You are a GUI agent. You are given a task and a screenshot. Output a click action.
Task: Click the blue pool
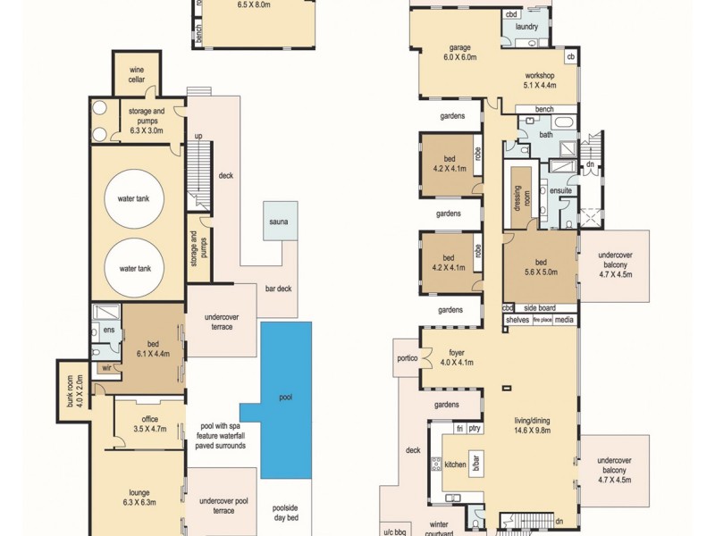coord(286,398)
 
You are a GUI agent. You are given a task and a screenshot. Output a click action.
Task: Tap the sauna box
coord(280,221)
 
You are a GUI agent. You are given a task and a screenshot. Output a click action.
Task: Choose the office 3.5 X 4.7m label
coord(149,423)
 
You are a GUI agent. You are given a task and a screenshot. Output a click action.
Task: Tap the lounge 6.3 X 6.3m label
coord(139,497)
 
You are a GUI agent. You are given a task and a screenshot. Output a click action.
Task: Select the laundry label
coord(527,27)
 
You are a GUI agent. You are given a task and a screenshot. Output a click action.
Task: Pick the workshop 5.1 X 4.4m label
coord(540,80)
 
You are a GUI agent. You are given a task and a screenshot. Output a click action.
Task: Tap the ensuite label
coord(560,190)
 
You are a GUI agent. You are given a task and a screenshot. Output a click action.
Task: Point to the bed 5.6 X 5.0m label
coord(541,267)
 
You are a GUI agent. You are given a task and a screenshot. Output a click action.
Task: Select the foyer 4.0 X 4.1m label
coord(457,357)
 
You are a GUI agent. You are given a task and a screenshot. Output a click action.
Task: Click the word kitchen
coord(456,465)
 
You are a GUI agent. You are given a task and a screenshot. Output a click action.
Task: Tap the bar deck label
coord(278,289)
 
